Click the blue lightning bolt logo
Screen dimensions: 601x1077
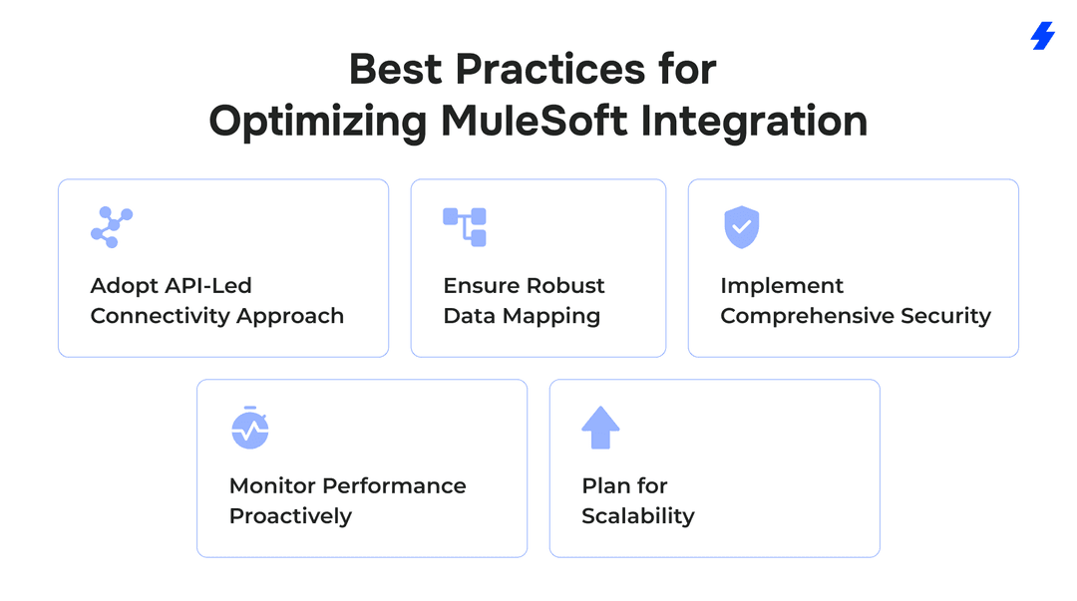tap(1042, 36)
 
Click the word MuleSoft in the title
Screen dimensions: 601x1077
tap(535, 121)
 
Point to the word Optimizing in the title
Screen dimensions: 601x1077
tap(318, 121)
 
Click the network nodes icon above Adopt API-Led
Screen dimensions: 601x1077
tap(112, 227)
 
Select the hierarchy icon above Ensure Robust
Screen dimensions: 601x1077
tap(465, 227)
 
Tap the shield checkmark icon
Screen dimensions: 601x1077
tap(741, 227)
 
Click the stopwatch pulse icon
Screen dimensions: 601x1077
tap(250, 428)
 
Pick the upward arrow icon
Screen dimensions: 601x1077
tap(600, 428)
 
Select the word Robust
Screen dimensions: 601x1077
tap(565, 286)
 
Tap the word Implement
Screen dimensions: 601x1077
tap(782, 286)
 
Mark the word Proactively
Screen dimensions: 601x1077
tap(290, 516)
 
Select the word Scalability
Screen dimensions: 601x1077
tap(638, 516)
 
